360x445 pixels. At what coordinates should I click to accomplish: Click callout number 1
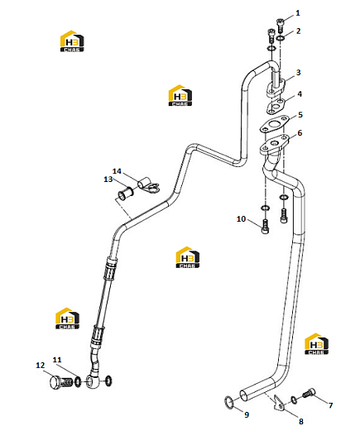pos(298,13)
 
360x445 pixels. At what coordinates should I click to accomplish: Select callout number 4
pos(300,94)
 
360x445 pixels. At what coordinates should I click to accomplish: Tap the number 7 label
pos(330,405)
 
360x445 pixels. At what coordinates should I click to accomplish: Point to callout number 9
pos(247,414)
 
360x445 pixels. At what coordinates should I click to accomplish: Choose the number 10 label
pos(241,219)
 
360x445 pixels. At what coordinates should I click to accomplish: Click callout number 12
pos(41,366)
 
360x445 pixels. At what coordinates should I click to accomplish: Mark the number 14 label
pos(117,171)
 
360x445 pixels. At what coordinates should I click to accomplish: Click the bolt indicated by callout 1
pos(281,25)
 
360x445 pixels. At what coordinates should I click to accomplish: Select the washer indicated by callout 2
pos(281,38)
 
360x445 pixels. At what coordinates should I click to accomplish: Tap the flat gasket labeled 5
pos(274,125)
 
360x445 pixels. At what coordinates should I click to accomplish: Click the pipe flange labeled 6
pos(275,145)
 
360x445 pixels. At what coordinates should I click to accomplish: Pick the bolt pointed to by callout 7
pos(309,393)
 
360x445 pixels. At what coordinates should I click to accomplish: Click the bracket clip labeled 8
pos(279,403)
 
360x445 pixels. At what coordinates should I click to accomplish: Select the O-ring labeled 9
pos(229,402)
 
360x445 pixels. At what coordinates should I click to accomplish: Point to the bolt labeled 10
pos(265,227)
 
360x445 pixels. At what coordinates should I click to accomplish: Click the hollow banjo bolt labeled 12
pos(61,382)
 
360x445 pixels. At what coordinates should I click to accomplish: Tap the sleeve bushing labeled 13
pos(126,194)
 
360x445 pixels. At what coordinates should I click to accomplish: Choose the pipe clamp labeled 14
pos(148,185)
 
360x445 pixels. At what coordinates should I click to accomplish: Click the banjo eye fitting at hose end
pos(94,380)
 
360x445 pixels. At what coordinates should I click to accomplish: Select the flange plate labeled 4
pos(275,106)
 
